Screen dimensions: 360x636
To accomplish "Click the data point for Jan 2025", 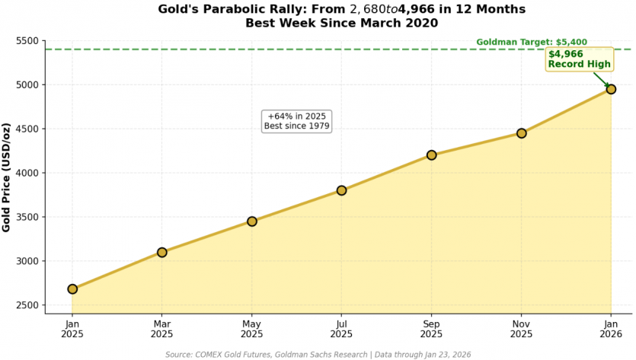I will (x=72, y=289).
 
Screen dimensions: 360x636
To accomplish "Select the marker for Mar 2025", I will (x=162, y=252).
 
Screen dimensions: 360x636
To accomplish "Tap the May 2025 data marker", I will (x=252, y=221).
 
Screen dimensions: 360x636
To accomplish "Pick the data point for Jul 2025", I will (x=342, y=190).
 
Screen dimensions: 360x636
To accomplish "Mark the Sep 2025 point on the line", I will (x=432, y=155).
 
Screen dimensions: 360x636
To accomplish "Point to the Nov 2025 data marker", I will (x=522, y=133).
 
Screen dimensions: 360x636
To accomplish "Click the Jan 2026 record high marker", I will (x=611, y=89).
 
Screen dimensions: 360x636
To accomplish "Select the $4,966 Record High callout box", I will (x=580, y=59).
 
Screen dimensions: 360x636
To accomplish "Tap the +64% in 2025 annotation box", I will (x=297, y=120).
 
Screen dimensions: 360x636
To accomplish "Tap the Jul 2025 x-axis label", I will (x=342, y=328).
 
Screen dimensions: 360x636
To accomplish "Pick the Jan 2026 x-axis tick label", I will (x=611, y=328).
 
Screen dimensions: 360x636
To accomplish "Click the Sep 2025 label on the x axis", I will (x=432, y=328).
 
